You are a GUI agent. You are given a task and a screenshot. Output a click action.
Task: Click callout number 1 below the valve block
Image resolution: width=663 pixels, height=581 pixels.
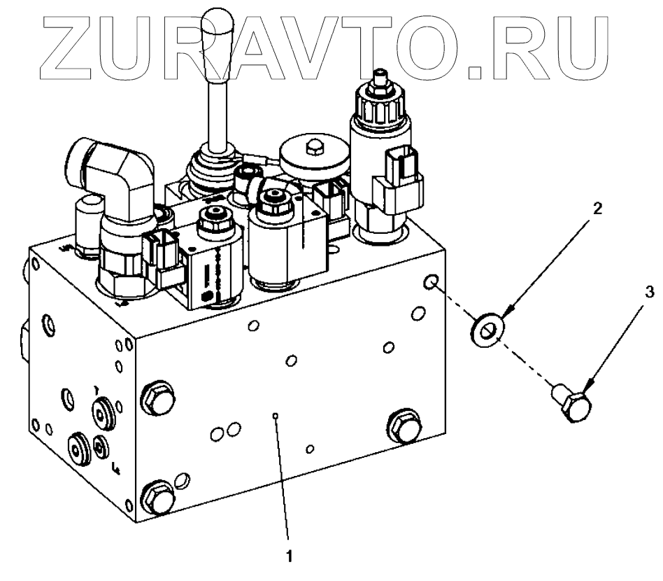tap(287, 558)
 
